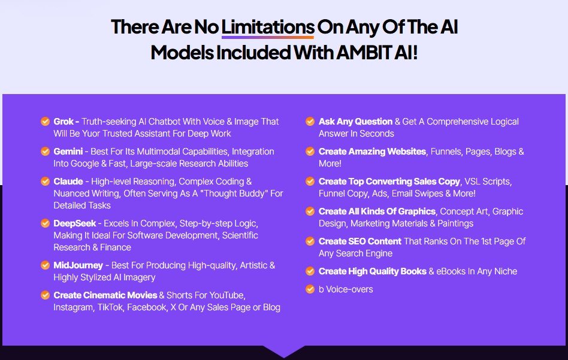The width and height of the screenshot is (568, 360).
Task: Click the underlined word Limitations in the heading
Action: click(268, 28)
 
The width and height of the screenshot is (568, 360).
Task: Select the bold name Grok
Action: click(64, 122)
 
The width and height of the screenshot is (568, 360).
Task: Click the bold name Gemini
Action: click(68, 152)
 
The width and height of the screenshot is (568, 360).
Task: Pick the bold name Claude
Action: click(67, 181)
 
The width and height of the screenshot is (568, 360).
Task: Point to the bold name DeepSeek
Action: click(74, 223)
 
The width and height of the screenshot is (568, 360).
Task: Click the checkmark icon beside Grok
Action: click(45, 122)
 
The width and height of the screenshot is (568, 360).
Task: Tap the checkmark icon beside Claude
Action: click(45, 181)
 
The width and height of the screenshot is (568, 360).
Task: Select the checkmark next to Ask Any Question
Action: click(310, 122)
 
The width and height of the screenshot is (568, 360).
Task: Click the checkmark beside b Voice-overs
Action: click(310, 289)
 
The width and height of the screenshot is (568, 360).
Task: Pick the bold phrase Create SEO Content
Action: click(357, 241)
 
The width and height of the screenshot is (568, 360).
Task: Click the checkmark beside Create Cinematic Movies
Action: click(45, 295)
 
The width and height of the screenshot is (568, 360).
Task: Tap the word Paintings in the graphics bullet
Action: click(454, 223)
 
